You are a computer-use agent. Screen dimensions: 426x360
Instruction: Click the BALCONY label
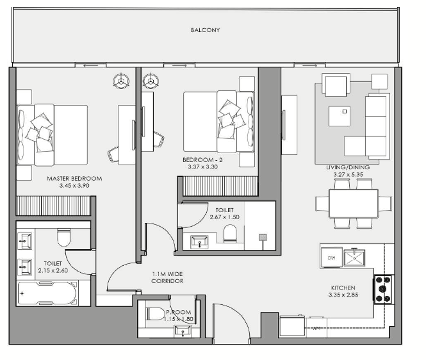pyautogui.click(x=205, y=30)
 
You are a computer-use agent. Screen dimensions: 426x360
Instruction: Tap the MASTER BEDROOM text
pyautogui.click(x=74, y=179)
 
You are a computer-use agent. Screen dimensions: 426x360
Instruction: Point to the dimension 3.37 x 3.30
pyautogui.click(x=202, y=167)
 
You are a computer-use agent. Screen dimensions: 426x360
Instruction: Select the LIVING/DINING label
pyautogui.click(x=348, y=167)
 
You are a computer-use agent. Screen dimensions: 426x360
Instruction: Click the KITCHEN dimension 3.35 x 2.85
pyautogui.click(x=343, y=295)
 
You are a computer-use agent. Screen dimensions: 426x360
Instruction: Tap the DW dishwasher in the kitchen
pyautogui.click(x=331, y=258)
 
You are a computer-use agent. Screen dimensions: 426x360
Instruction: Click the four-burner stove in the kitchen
pyautogui.click(x=383, y=289)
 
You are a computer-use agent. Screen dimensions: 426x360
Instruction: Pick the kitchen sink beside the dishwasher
pyautogui.click(x=354, y=258)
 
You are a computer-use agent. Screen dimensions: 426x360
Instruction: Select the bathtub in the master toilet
pyautogui.click(x=47, y=293)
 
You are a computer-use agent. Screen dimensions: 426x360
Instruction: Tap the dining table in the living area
pyautogui.click(x=354, y=204)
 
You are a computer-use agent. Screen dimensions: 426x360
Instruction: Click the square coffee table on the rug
pyautogui.click(x=340, y=117)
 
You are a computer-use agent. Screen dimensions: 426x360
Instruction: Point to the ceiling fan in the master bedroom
pyautogui.click(x=121, y=81)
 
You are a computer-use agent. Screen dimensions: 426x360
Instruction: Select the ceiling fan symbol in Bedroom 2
pyautogui.click(x=151, y=81)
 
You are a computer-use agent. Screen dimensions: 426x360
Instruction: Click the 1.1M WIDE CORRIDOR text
pyautogui.click(x=167, y=277)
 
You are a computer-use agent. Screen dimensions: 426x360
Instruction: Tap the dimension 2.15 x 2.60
pyautogui.click(x=53, y=270)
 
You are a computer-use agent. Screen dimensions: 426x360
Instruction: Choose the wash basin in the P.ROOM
pyautogui.click(x=183, y=331)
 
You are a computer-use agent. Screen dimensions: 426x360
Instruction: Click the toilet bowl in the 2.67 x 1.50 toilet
pyautogui.click(x=230, y=233)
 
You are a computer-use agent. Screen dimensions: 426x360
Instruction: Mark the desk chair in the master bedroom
pyautogui.click(x=113, y=155)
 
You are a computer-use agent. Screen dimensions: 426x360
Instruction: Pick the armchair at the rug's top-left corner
pyautogui.click(x=336, y=85)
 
